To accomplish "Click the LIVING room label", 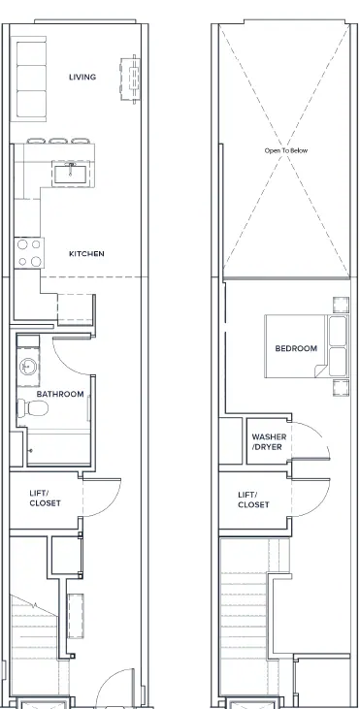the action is (82, 77).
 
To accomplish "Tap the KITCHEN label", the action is (86, 254).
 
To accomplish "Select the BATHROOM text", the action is (60, 394).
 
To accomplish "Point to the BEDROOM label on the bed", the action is (296, 348).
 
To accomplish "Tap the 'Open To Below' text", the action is (286, 150).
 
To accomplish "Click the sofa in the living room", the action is (29, 80).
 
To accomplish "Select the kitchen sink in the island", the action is (71, 174).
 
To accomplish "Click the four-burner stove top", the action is (29, 253).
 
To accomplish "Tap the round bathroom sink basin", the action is (27, 367).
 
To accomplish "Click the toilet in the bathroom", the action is (33, 408).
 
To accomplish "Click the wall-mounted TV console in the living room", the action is (130, 80).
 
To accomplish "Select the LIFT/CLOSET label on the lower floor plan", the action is (45, 499).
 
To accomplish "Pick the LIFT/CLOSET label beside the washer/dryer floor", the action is (253, 500).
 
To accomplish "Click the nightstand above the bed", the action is (341, 305).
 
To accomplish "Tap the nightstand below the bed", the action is (341, 388).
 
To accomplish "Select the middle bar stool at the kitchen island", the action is (58, 141).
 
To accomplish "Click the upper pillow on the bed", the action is (338, 331).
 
